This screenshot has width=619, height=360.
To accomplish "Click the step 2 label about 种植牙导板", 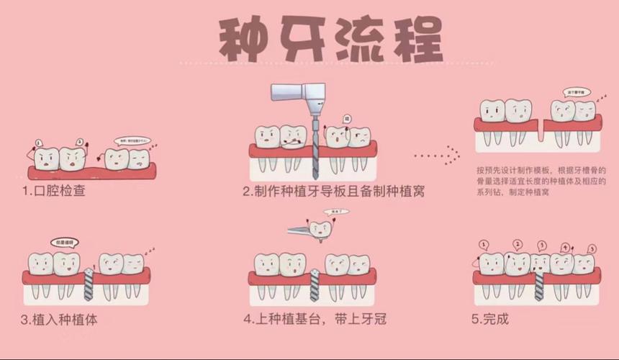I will tap(333, 192).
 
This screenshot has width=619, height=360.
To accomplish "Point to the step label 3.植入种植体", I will tap(59, 319).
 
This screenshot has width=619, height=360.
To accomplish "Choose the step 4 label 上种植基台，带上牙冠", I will tap(315, 318).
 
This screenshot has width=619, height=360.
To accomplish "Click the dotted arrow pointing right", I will tap(436, 154).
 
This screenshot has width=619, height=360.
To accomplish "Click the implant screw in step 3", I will tap(89, 284).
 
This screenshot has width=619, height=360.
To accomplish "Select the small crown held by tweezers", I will tap(321, 230).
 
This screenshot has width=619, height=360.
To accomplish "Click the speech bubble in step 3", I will tap(64, 242).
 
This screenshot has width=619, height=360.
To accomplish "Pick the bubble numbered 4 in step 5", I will tap(565, 247).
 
